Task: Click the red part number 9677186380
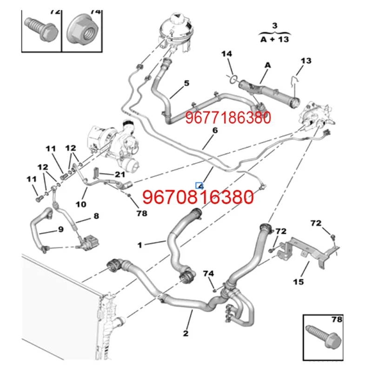pos(228,118)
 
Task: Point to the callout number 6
pos(215,131)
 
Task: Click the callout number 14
pos(226,54)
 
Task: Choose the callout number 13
pos(306,61)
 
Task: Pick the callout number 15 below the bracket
pos(298,282)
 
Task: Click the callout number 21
pos(120,175)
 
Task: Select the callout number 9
pos(60,229)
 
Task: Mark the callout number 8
pos(96,216)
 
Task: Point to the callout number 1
pos(140,244)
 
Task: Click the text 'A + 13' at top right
pos(274,39)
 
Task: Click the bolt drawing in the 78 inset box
pos(321,337)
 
